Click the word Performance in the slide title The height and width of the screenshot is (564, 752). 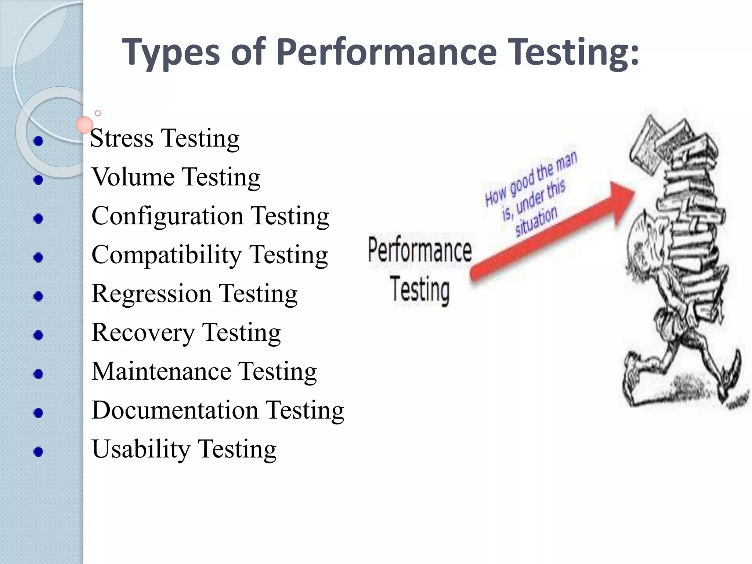pos(386,52)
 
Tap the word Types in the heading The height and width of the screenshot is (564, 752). pos(171,52)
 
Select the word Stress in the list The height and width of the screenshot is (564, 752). pos(122,138)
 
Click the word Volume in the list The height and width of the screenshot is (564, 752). pos(133,177)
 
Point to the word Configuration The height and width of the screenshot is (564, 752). pos(167,216)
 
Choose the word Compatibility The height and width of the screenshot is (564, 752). pos(166,255)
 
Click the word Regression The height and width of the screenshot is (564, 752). pos(151,294)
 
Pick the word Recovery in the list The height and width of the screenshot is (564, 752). pos(143,333)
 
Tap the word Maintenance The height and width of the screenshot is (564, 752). pos(161,371)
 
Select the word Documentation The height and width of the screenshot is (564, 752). pos(175,410)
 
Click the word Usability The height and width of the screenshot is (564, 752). pos(141,449)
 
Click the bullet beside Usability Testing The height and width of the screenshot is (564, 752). pos(38,451)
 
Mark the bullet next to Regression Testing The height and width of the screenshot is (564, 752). pos(38,296)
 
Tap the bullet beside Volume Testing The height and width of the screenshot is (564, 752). pos(38,180)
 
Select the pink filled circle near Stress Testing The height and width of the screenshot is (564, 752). pos(84,125)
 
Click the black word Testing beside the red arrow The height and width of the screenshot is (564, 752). pos(420,290)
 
